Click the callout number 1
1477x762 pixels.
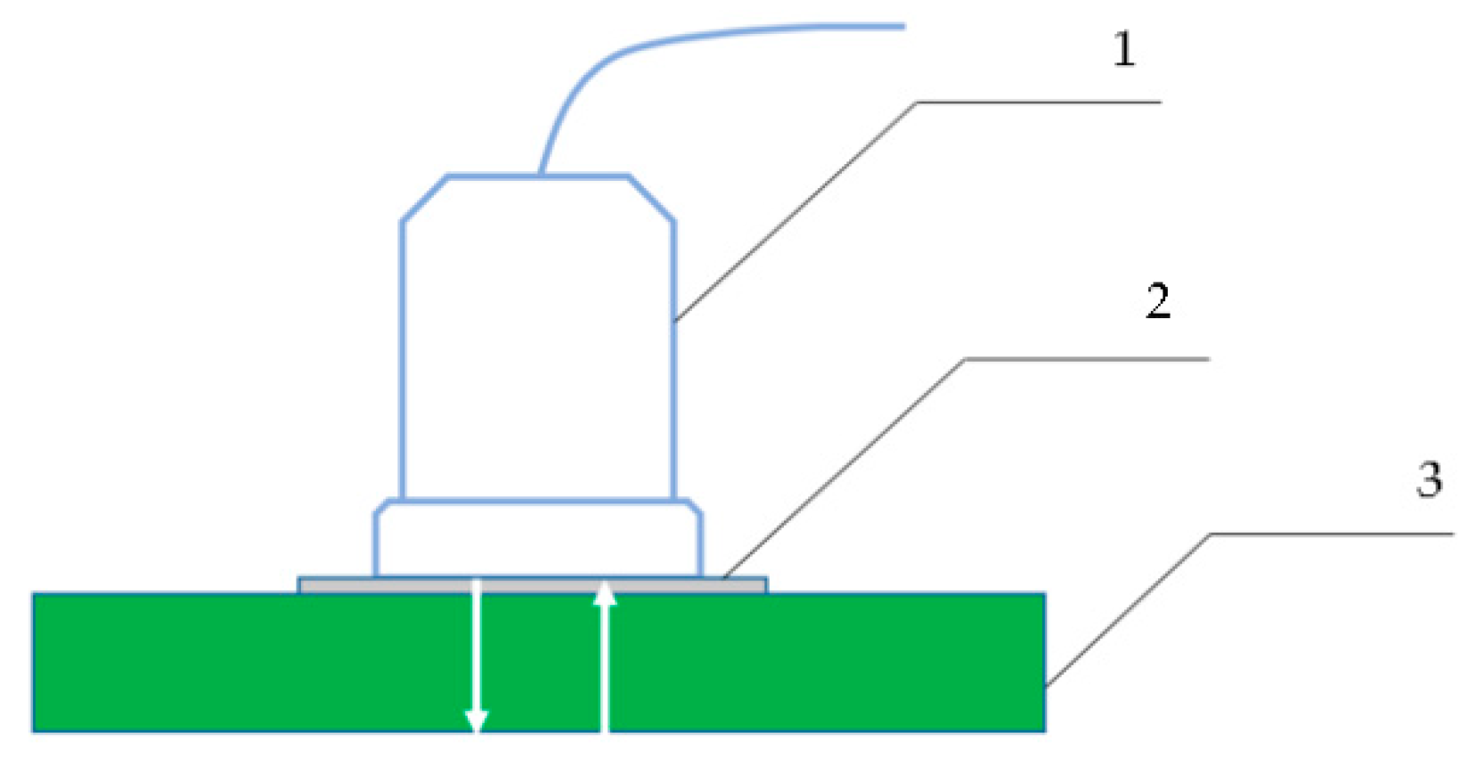pyautogui.click(x=1124, y=49)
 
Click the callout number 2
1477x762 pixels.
pyautogui.click(x=1157, y=301)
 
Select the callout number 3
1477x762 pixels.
pyautogui.click(x=1429, y=479)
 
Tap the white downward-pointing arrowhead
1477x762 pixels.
pyautogui.click(x=477, y=720)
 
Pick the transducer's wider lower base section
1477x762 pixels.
pyautogui.click(x=538, y=539)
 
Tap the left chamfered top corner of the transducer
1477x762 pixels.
pyautogui.click(x=423, y=198)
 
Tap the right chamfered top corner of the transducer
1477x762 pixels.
pyautogui.click(x=652, y=198)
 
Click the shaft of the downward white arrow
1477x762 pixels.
pyautogui.click(x=477, y=651)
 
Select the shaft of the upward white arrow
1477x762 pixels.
pyautogui.click(x=606, y=668)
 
